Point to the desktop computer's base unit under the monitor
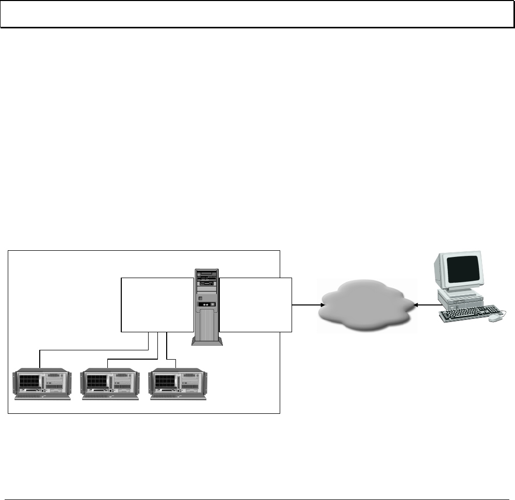(x=459, y=296)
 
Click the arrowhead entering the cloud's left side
(x=321, y=305)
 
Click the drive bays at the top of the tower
(x=206, y=279)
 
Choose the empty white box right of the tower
(x=255, y=304)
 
